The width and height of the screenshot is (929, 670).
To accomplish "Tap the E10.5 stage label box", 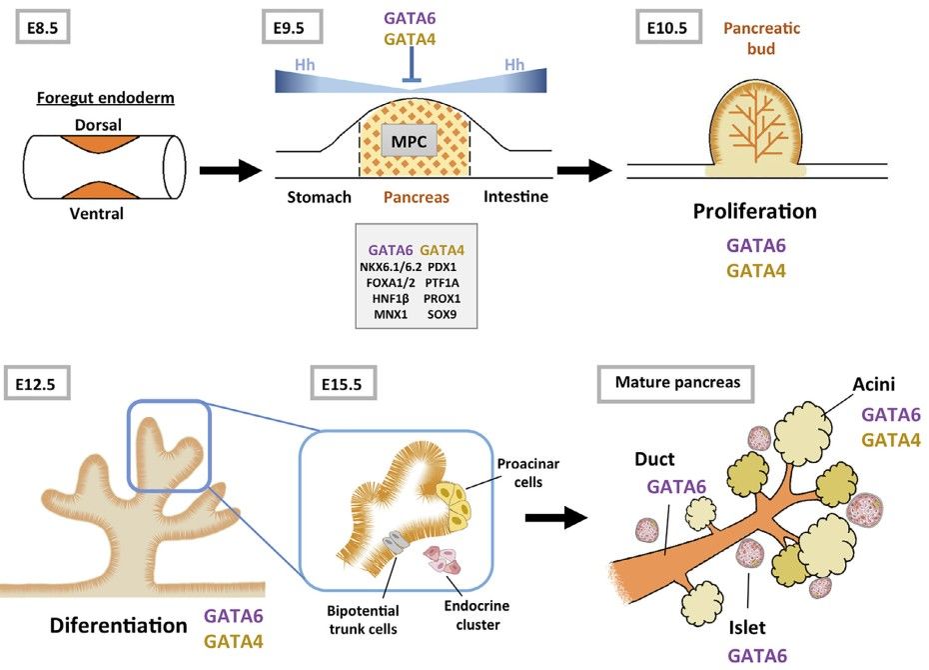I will (674, 27).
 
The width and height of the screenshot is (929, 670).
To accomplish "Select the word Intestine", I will (515, 197).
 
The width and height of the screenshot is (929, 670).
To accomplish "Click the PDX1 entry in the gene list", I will (444, 267).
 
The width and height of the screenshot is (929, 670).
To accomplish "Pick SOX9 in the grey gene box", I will (444, 315).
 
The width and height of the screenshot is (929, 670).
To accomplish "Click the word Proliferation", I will (755, 211).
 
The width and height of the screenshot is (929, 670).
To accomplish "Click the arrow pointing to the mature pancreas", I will (555, 517).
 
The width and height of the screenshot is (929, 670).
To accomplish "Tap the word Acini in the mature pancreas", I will (874, 384).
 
